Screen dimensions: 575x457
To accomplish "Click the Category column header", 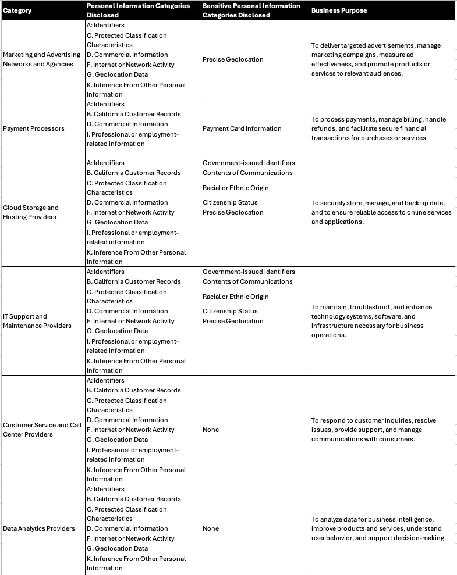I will (x=17, y=10).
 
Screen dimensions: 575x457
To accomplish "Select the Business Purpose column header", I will (x=339, y=10).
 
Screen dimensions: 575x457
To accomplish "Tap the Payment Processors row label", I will (x=34, y=128).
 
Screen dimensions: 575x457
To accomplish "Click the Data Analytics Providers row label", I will (x=39, y=528).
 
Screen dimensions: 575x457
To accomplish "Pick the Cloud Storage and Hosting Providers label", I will (x=31, y=212).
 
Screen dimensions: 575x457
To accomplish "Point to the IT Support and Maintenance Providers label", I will (x=37, y=321).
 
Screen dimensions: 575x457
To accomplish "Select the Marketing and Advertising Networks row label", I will (x=41, y=59).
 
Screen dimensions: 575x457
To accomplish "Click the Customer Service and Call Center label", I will (x=42, y=430).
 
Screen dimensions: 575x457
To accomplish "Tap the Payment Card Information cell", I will (x=242, y=128).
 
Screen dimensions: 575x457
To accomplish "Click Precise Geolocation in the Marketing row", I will (x=233, y=59).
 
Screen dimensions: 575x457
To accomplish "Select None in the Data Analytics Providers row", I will (x=211, y=528).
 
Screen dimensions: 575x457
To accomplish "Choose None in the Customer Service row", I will (x=211, y=430).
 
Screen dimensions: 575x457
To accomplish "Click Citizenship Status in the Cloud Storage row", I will (x=230, y=202).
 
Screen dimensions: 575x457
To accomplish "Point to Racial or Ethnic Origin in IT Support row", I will (x=235, y=297).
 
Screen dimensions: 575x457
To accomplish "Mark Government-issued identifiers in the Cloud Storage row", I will (x=249, y=163).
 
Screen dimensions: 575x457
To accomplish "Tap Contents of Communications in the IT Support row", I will (x=247, y=281).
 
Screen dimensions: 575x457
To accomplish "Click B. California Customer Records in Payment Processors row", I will (x=134, y=114).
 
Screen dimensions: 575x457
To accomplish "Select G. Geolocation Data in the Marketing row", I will (x=118, y=74).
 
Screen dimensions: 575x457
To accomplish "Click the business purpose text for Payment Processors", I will (x=378, y=128).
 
